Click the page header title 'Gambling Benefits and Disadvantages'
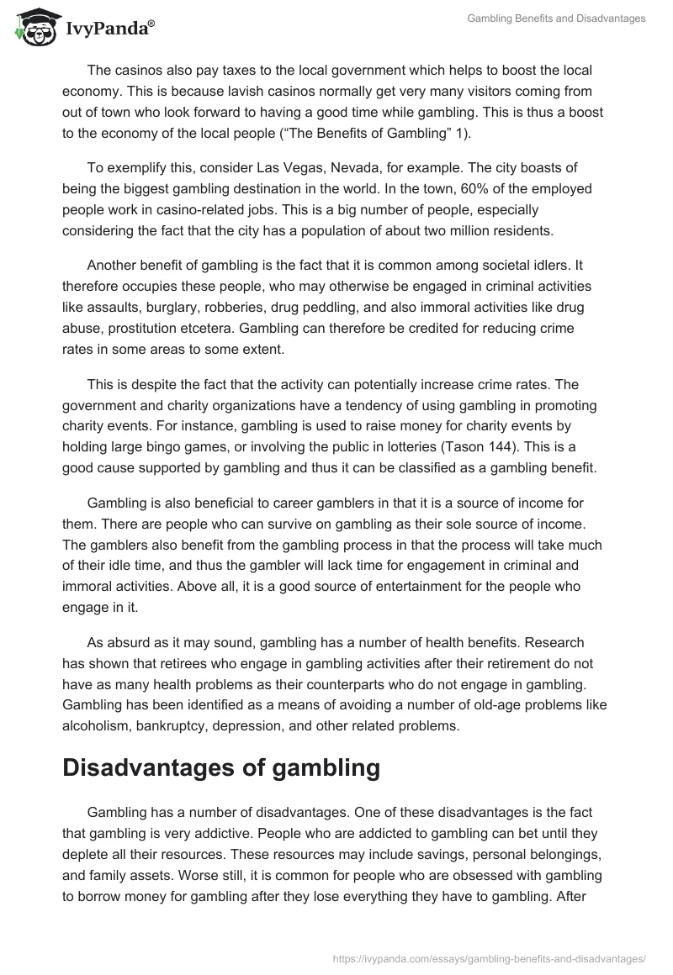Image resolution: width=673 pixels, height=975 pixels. click(556, 18)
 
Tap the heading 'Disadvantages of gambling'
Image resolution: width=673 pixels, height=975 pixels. click(209, 767)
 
